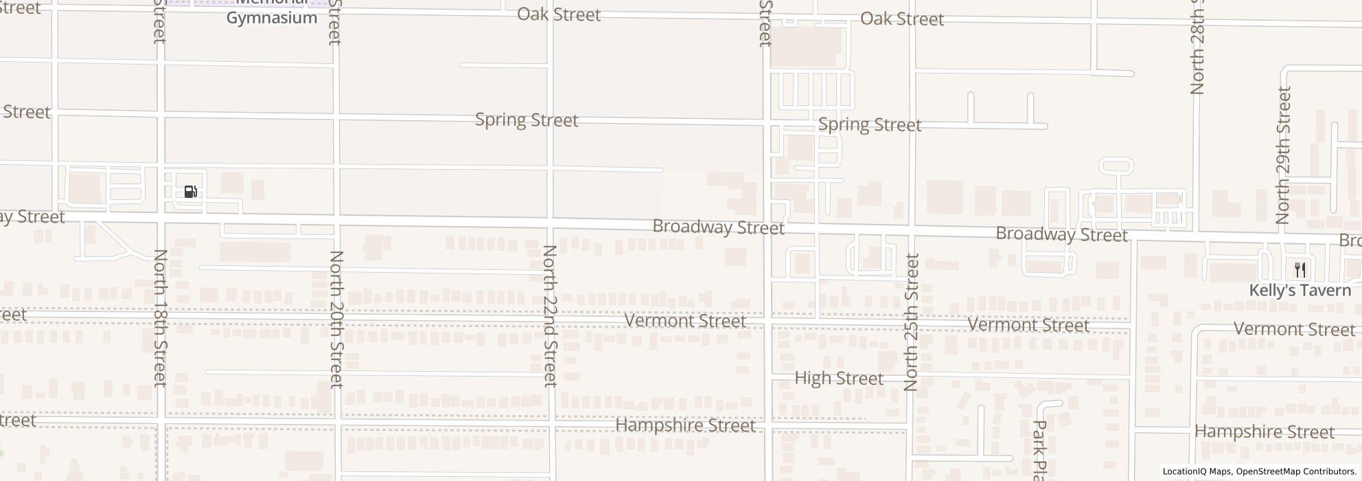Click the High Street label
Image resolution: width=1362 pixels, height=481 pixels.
point(838,379)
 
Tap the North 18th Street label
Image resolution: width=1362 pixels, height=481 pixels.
point(160,317)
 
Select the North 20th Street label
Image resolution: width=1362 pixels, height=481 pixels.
point(336,319)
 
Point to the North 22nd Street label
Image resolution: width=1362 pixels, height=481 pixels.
point(551,315)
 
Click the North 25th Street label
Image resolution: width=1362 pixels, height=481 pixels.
point(911,322)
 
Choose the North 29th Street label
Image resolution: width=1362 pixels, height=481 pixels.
point(1282,155)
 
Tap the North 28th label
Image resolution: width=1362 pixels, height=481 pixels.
point(1197,48)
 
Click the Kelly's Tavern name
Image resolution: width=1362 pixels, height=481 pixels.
point(1300,291)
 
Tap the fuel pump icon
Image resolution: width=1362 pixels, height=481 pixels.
point(191,192)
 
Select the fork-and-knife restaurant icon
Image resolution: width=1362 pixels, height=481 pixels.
point(1300,269)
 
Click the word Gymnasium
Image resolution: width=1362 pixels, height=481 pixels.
point(272,19)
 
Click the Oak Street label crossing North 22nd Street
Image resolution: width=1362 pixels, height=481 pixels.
point(559,14)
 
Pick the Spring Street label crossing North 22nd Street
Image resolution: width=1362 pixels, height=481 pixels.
point(527,120)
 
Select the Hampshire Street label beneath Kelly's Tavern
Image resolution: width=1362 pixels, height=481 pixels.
point(1265,432)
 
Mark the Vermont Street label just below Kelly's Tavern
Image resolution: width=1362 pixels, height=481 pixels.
point(1294,329)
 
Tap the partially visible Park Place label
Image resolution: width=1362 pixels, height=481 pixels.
point(1040,450)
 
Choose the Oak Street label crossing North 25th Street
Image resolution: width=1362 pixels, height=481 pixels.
point(902,19)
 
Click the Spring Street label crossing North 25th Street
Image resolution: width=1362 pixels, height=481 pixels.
point(870,125)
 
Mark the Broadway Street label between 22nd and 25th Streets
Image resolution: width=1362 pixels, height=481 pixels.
point(718,227)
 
